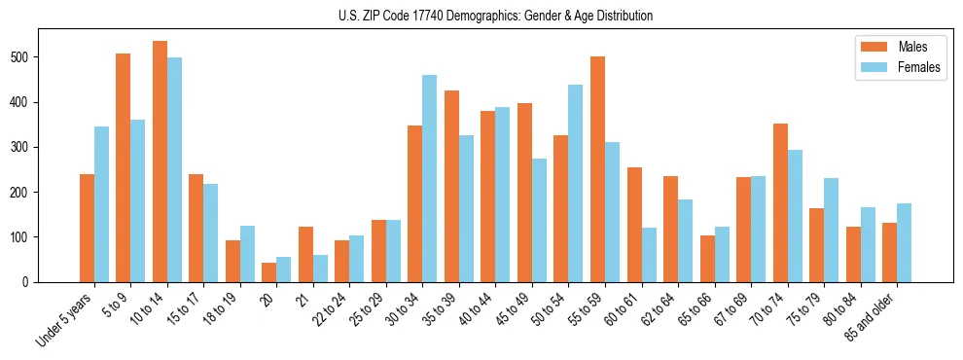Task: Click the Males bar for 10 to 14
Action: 160,162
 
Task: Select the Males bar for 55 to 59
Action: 597,169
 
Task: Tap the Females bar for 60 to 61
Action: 648,255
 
